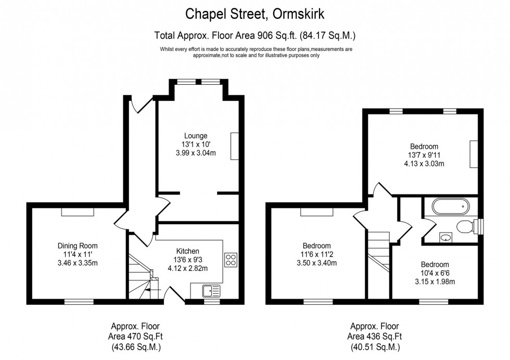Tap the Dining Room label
(78, 246)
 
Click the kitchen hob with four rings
(231, 260)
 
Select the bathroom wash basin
(445, 238)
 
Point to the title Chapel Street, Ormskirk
(255, 13)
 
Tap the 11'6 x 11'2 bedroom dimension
(316, 254)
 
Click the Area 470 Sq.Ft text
(135, 337)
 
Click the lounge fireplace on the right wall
(235, 146)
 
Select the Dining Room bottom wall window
(79, 301)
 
